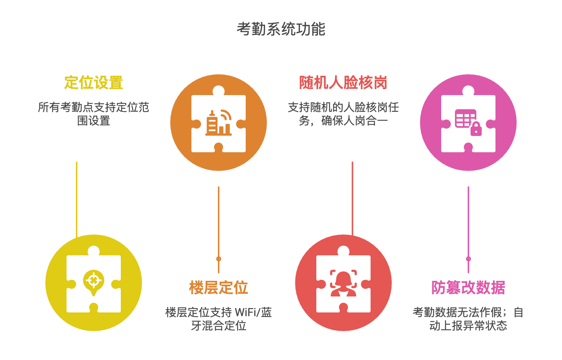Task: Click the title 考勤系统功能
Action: (x=281, y=29)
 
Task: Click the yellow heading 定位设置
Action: (x=93, y=82)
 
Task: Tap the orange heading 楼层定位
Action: (x=219, y=288)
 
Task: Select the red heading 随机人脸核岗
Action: (x=343, y=82)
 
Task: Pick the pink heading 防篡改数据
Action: (x=468, y=288)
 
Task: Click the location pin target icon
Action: (x=94, y=281)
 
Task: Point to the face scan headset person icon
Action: (x=343, y=283)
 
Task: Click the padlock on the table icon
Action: (x=476, y=129)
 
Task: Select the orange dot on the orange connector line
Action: (x=219, y=259)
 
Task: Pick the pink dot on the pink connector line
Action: (x=468, y=259)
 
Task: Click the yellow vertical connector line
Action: (x=77, y=197)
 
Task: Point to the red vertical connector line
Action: (x=352, y=197)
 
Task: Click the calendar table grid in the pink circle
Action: (x=465, y=118)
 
